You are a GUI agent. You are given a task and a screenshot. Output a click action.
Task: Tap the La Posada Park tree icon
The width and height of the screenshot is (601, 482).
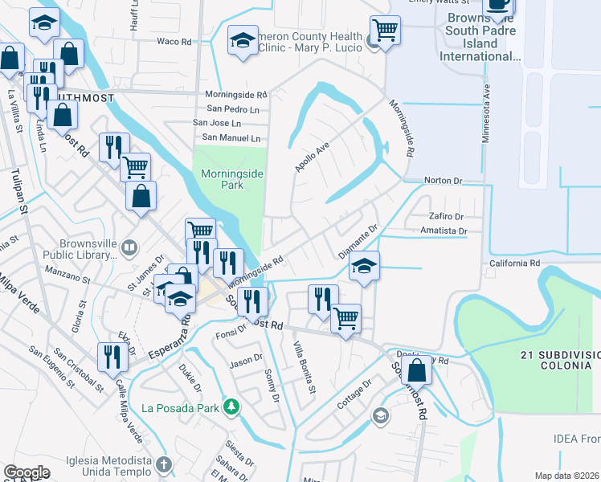tap(231, 407)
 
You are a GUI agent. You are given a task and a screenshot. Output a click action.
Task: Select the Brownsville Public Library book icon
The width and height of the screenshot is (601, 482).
tap(128, 246)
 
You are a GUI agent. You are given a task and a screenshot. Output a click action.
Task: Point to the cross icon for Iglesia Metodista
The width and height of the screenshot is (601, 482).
tap(163, 464)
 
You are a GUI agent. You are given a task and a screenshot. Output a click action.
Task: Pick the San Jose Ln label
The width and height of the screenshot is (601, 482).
tap(216, 123)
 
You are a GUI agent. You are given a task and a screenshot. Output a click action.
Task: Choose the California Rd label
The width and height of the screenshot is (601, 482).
tap(514, 263)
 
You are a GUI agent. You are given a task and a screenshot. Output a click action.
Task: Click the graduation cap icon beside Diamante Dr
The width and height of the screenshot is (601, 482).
tap(364, 266)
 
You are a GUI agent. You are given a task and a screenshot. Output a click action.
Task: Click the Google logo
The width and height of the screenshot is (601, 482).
tap(27, 472)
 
